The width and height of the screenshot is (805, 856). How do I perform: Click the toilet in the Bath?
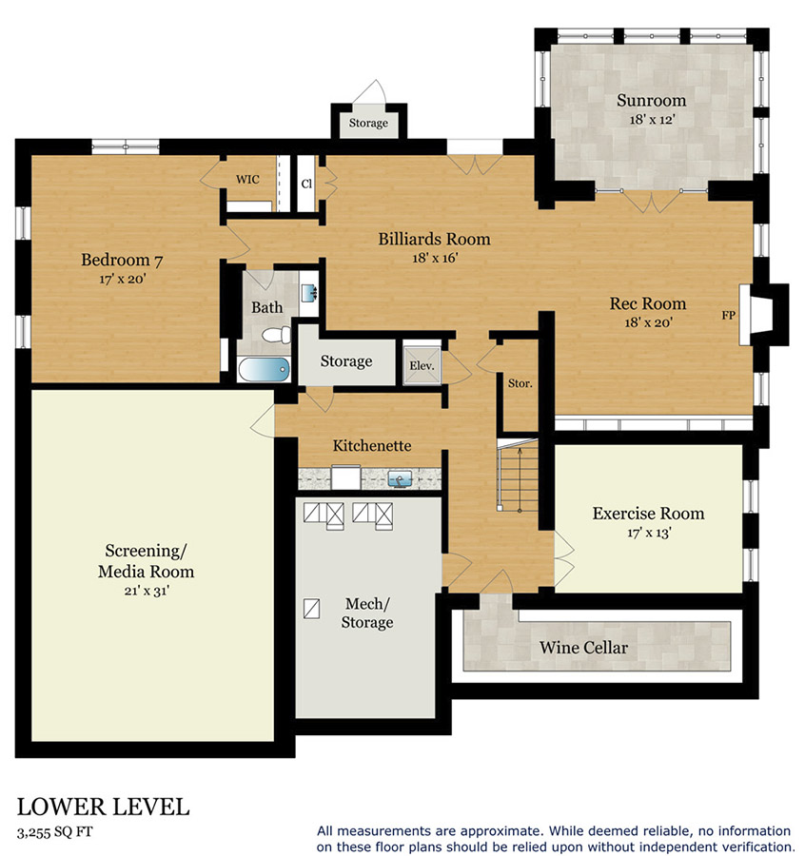pos(277,335)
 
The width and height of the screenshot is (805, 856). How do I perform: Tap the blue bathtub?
pos(264,369)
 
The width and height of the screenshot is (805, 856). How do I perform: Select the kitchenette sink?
pos(400,479)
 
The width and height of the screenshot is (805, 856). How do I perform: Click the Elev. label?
pos(422,366)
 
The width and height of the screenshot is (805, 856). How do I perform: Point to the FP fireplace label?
pos(728,315)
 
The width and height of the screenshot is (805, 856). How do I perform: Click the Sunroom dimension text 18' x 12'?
pos(652,119)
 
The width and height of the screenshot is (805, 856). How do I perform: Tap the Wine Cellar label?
pos(583,648)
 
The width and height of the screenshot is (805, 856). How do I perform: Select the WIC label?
pos(247,179)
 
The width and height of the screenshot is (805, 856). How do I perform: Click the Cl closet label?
pos(306,184)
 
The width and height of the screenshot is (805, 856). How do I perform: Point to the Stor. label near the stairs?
pos(520,383)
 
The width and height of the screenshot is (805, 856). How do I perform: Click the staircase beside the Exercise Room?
pos(518,477)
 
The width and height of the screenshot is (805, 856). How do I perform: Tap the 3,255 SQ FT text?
pos(54,832)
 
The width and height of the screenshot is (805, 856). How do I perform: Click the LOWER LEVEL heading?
pos(103,807)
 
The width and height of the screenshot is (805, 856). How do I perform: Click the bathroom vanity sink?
pos(308,293)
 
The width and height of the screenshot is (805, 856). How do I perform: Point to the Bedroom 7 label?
pos(122,260)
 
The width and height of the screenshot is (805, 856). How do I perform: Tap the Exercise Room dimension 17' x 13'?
pos(649,533)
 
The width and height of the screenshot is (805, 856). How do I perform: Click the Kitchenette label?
pos(372,445)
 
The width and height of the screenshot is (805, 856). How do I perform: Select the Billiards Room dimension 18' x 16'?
pos(435,258)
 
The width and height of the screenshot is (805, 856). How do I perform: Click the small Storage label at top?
pos(368,123)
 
